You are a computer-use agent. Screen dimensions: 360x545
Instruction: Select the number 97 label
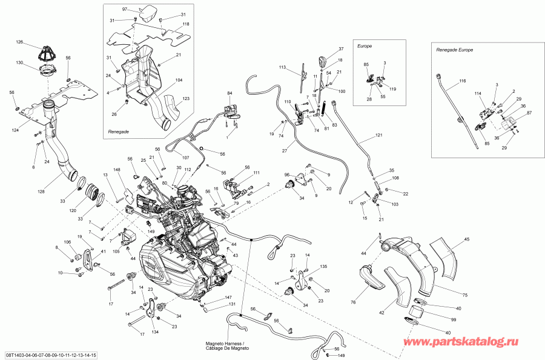tap(125, 10)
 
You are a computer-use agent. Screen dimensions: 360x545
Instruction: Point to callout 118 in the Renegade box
tap(177, 24)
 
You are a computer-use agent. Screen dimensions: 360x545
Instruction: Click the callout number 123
tap(186, 98)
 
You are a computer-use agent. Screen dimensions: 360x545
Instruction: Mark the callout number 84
tap(230, 93)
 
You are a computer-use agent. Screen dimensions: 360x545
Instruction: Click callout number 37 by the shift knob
tap(341, 48)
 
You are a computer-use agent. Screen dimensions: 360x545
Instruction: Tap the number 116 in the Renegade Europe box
tap(462, 81)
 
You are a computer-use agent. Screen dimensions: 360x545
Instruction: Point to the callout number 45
tap(466, 239)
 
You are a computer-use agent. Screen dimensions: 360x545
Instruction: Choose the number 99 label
tap(452, 319)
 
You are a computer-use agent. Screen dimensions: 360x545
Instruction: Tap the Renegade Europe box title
tap(454, 50)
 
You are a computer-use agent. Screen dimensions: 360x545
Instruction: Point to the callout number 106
tap(67, 242)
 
